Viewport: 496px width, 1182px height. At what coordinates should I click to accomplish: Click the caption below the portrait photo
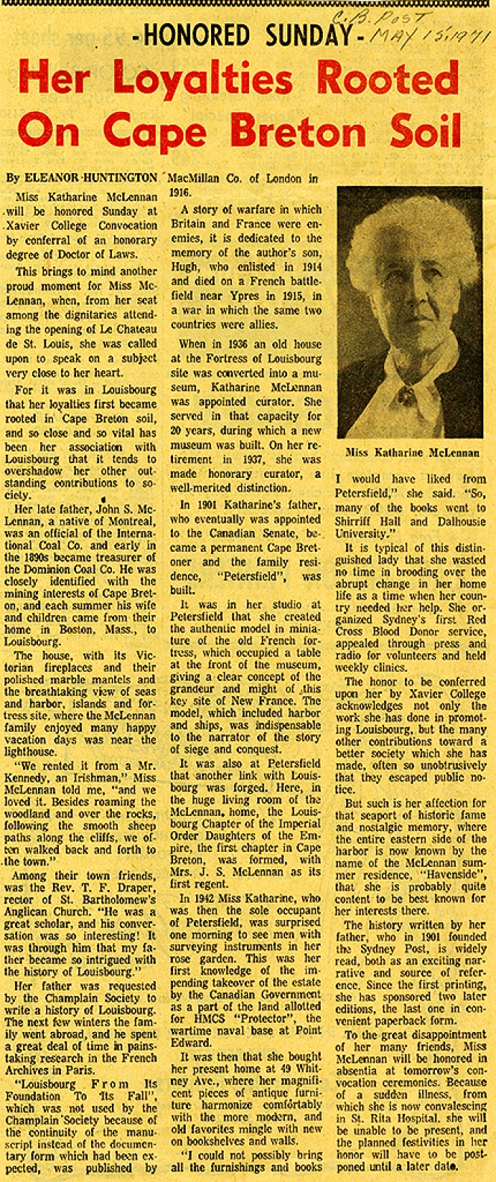coord(409,452)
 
